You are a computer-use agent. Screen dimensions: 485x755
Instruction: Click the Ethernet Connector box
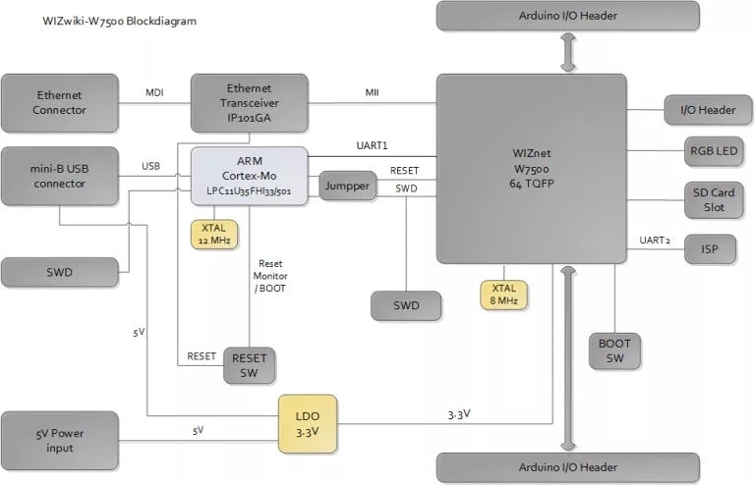61,102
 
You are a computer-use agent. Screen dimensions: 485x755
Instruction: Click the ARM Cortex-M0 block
249,175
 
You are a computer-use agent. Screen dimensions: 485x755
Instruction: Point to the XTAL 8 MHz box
504,294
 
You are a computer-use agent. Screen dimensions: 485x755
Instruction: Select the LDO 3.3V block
307,423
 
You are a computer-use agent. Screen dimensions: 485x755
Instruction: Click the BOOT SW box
614,350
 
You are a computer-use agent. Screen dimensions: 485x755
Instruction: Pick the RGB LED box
714,151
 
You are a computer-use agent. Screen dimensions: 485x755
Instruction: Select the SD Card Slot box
714,199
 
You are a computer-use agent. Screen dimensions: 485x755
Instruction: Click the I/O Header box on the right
707,110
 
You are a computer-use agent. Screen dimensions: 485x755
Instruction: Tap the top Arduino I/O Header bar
568,17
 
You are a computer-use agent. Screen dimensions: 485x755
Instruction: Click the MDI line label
155,93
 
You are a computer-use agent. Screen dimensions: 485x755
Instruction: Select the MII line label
373,93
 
